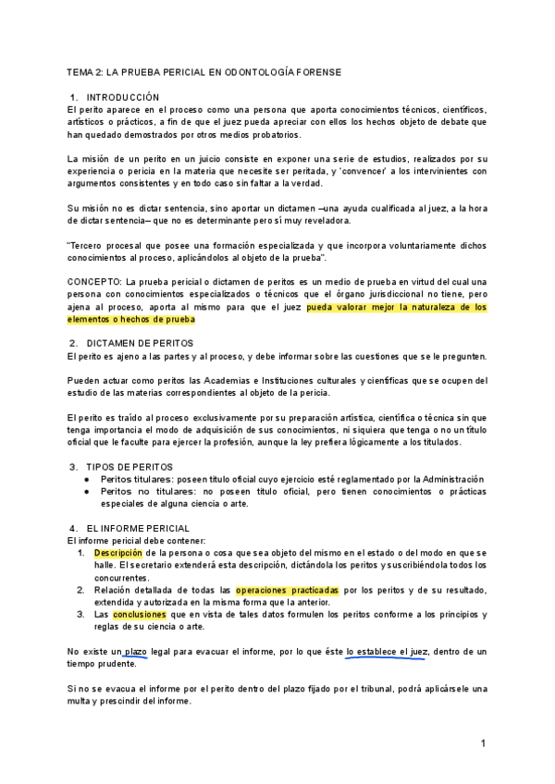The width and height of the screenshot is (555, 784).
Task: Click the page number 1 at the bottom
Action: [x=483, y=743]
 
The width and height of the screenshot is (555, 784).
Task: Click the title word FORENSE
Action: [x=317, y=71]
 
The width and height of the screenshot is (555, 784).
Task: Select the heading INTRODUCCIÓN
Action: [x=122, y=97]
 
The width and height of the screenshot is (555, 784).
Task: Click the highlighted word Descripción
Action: [x=116, y=552]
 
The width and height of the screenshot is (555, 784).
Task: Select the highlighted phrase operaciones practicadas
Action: [x=287, y=590]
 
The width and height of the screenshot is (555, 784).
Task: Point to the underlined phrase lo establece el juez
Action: [x=387, y=652]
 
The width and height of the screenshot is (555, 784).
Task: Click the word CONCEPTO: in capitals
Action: [x=94, y=281]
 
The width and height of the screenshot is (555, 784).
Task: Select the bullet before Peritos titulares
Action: [x=86, y=479]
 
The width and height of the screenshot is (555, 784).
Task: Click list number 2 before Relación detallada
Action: [x=81, y=590]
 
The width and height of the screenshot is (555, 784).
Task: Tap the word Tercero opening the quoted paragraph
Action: [x=91, y=245]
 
